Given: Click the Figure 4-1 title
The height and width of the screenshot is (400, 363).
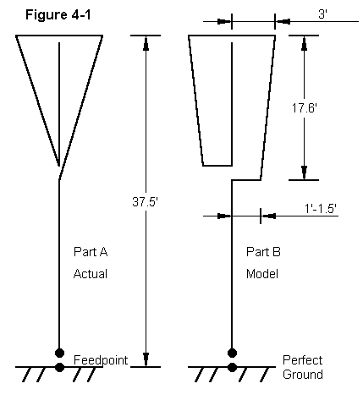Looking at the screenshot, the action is click(x=58, y=14).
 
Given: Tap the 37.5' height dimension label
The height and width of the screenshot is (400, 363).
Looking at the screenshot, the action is click(x=146, y=202).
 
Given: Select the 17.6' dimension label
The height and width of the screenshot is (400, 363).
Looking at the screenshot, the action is click(x=305, y=108).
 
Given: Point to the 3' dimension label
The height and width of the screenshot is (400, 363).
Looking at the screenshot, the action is click(x=322, y=14).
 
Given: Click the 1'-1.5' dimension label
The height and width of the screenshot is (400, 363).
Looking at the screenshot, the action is click(x=321, y=209).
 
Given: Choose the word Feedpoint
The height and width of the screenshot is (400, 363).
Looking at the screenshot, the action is click(x=101, y=360).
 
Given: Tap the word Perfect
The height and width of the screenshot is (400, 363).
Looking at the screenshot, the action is click(x=302, y=360).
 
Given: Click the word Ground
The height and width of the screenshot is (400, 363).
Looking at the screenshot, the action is click(x=303, y=375).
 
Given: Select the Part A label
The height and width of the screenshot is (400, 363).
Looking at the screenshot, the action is click(x=91, y=252).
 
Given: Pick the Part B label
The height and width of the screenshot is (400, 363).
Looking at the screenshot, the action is click(x=263, y=252).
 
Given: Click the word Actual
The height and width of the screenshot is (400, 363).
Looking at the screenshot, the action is click(x=91, y=274).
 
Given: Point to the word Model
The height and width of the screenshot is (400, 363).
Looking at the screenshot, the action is click(x=262, y=274).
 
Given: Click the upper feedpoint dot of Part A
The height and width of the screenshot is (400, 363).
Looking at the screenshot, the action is click(x=59, y=353).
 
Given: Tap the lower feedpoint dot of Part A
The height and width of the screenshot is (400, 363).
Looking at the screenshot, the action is click(x=59, y=367).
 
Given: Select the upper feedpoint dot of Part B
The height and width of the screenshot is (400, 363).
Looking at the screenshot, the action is click(x=232, y=353).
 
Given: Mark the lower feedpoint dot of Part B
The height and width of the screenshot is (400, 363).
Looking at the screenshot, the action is click(x=232, y=367).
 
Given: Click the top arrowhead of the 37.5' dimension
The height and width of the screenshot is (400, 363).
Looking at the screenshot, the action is click(x=146, y=43).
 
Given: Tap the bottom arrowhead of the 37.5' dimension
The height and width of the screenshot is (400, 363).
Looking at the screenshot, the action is click(x=146, y=359).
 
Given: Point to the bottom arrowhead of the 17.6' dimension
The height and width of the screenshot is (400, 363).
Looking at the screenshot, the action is click(x=304, y=173).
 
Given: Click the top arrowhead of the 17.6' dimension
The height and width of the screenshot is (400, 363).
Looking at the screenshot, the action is click(x=304, y=43).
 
